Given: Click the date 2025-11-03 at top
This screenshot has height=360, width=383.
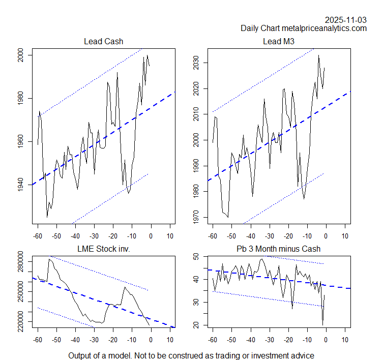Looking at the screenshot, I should (346, 20).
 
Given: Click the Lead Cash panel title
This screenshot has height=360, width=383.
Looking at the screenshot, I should (103, 41).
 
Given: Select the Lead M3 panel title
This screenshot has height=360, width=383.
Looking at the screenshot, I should (278, 41).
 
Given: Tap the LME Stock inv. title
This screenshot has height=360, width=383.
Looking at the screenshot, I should (103, 249).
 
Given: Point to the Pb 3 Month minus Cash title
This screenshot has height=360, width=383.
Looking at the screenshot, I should (278, 249).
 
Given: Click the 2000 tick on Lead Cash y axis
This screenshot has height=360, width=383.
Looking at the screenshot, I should (20, 55).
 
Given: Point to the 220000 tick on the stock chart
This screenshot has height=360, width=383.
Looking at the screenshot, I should (20, 321).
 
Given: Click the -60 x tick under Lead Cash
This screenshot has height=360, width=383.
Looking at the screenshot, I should (37, 236).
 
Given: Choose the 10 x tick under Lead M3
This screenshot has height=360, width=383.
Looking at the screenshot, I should (344, 236).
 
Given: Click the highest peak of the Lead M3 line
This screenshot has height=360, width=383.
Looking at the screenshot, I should (318, 55).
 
